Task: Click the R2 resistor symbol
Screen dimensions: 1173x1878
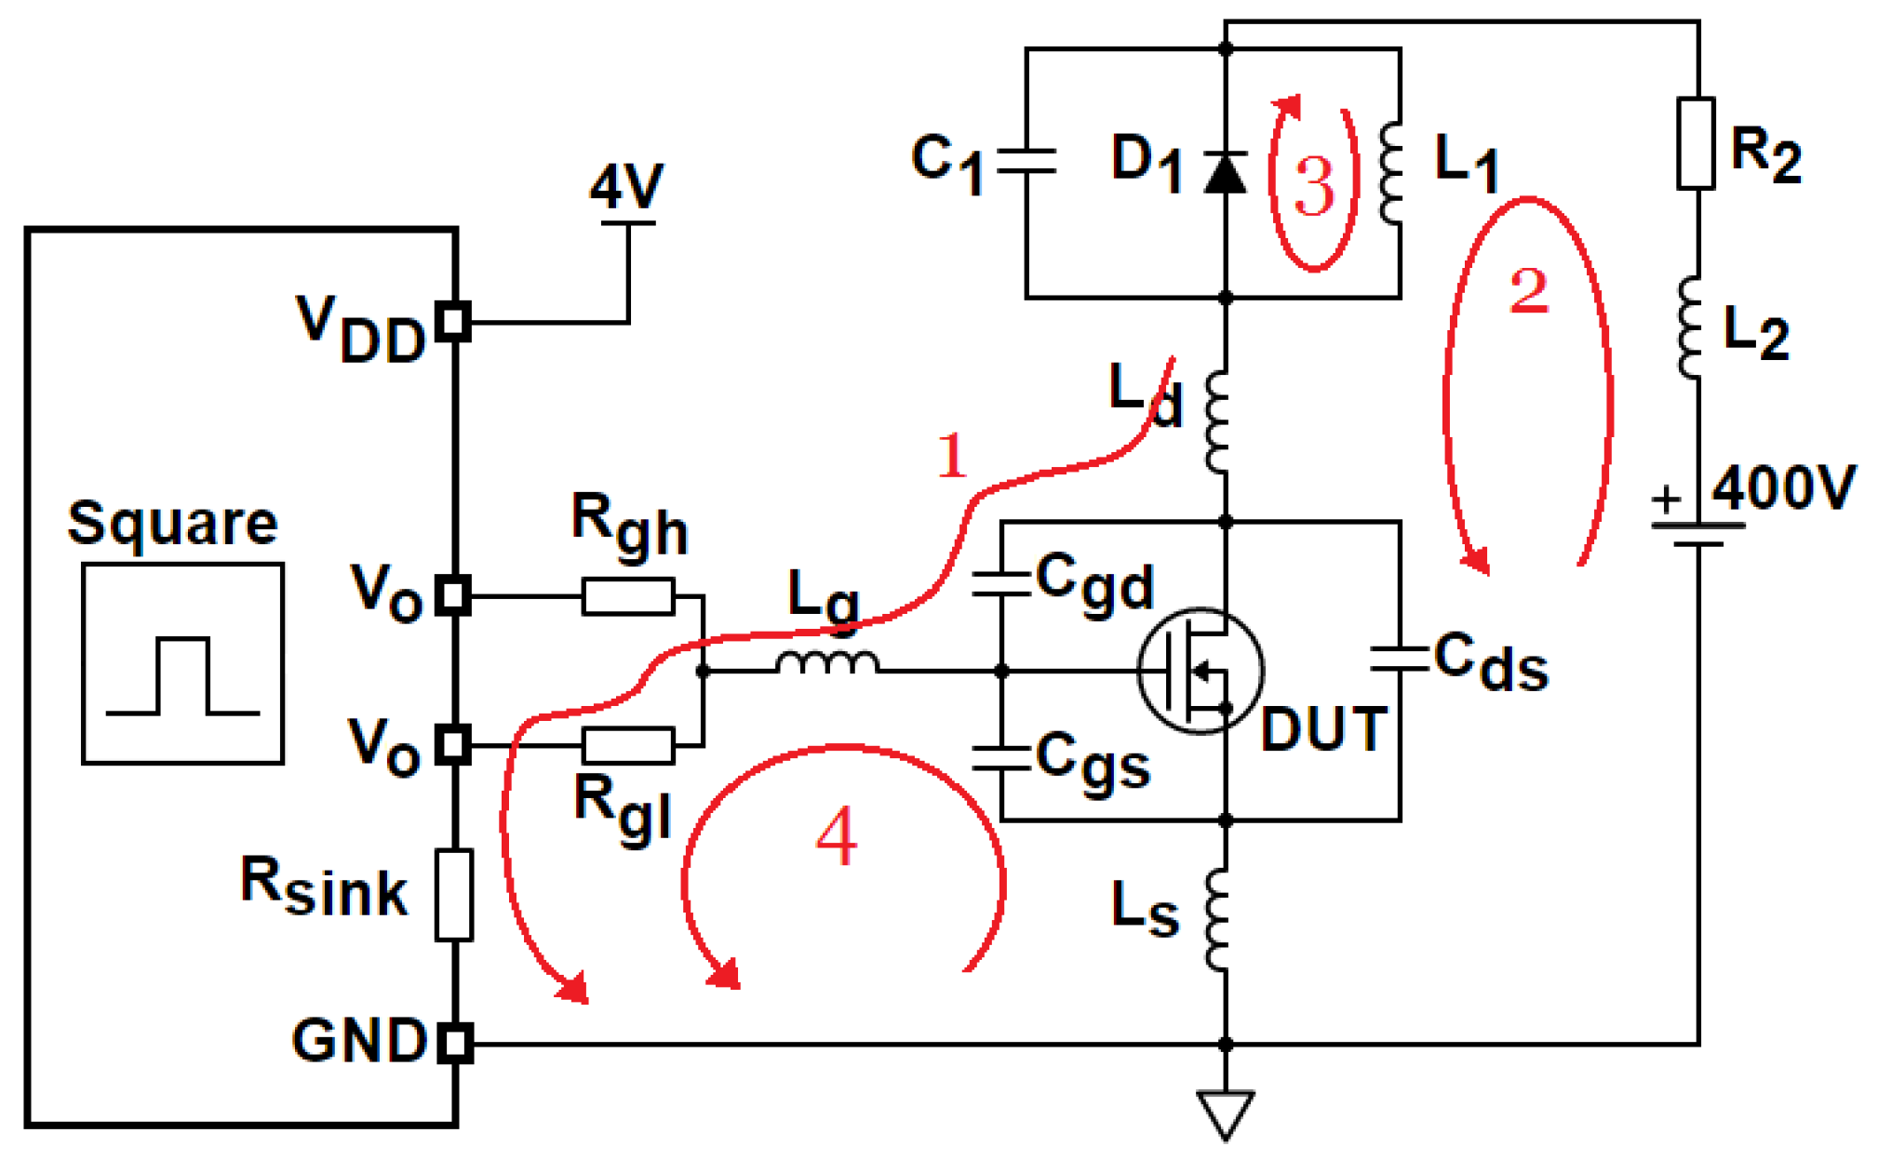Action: tap(1696, 143)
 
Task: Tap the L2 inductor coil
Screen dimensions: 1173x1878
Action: tap(1690, 327)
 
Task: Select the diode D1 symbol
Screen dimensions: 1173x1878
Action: tap(1225, 173)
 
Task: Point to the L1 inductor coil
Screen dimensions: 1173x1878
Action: tap(1390, 173)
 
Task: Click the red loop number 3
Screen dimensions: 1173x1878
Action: tap(1314, 186)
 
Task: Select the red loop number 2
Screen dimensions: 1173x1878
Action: tap(1528, 291)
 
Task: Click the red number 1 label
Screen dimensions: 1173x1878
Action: tap(951, 456)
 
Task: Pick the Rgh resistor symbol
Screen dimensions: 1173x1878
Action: tap(628, 596)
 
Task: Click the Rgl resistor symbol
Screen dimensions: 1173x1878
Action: tap(628, 745)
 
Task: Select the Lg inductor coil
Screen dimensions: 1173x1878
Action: tap(827, 663)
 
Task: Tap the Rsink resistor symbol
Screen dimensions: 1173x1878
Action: tap(454, 894)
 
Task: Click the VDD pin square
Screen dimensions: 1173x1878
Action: tap(453, 322)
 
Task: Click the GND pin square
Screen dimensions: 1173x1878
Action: tap(454, 1043)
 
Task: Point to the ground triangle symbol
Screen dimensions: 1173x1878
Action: tap(1225, 1113)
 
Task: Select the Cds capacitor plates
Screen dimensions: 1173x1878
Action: tap(1399, 659)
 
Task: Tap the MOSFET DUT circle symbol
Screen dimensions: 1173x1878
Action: tap(1200, 670)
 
